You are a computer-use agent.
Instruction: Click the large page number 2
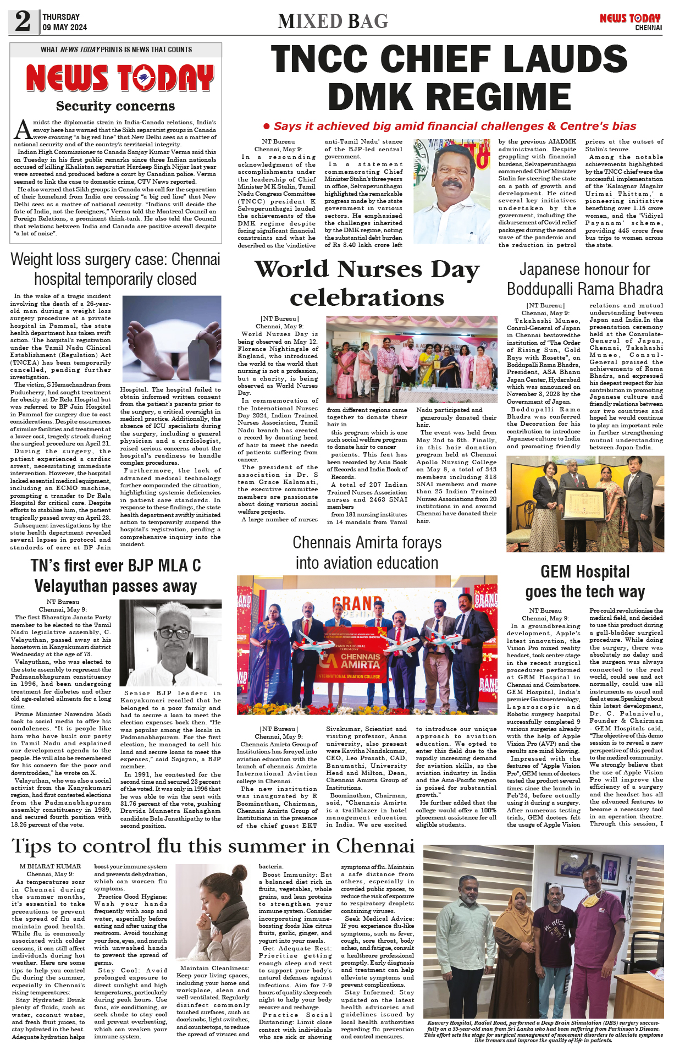tap(23, 21)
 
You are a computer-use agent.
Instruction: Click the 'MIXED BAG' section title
tap(333, 21)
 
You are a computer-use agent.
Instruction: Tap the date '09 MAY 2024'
tap(64, 27)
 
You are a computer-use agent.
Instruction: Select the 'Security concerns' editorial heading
tap(115, 106)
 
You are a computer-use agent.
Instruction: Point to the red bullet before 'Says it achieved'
tap(267, 127)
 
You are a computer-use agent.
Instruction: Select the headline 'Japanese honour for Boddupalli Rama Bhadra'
tap(584, 279)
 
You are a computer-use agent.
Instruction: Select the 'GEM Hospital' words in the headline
tap(584, 572)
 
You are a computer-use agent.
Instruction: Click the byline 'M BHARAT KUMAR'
tap(50, 866)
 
